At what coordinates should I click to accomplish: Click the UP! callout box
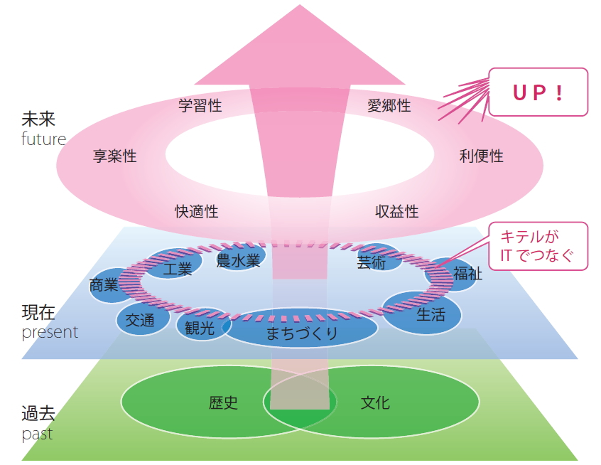click(x=538, y=92)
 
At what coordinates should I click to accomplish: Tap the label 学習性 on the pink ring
click(x=200, y=106)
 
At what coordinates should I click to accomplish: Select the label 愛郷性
click(x=389, y=106)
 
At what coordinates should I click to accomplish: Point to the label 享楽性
click(x=115, y=156)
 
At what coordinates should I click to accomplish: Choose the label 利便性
click(x=481, y=156)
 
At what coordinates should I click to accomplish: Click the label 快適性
click(x=197, y=211)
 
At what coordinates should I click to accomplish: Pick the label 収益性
click(x=397, y=211)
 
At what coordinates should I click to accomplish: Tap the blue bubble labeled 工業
click(x=176, y=268)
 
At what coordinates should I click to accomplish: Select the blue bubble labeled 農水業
click(x=239, y=260)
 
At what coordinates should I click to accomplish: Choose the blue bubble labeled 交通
click(x=140, y=320)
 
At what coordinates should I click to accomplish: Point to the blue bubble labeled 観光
click(x=199, y=328)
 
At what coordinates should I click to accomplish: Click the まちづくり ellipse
click(x=302, y=333)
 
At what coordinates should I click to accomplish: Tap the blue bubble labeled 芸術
click(x=372, y=262)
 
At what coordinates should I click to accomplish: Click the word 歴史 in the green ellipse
click(x=224, y=403)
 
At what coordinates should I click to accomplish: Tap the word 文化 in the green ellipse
click(x=375, y=403)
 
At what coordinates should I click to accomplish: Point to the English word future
click(x=43, y=139)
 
